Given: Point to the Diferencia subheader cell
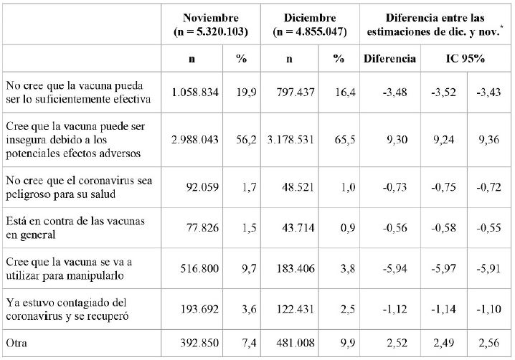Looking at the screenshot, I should tap(389, 58).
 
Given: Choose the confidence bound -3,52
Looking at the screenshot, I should tap(445, 91).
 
